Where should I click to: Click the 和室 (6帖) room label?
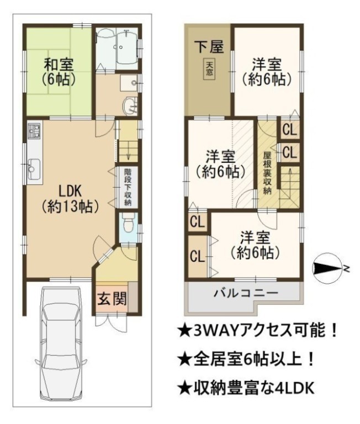pyautogui.click(x=58, y=72)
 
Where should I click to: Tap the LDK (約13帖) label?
pyautogui.click(x=70, y=199)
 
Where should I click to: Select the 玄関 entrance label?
pyautogui.click(x=112, y=299)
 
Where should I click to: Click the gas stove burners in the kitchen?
pyautogui.click(x=34, y=131)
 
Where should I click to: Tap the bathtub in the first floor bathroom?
pyautogui.click(x=126, y=47)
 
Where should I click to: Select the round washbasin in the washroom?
pyautogui.click(x=128, y=107)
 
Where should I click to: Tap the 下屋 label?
pyautogui.click(x=210, y=47)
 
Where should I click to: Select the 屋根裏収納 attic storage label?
pyautogui.click(x=267, y=173)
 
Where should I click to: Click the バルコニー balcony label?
pyautogui.click(x=246, y=293)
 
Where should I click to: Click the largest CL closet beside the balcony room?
pyautogui.click(x=198, y=256)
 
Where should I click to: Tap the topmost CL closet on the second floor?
pyautogui.click(x=290, y=130)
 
